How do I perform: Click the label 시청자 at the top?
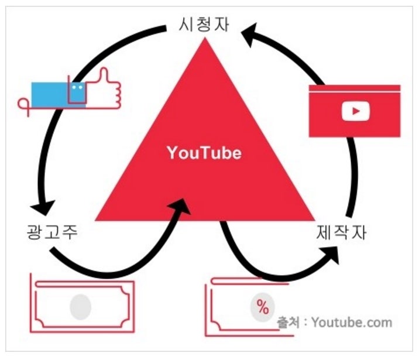click(x=204, y=25)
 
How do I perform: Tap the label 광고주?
click(x=52, y=232)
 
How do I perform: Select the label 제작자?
click(x=341, y=232)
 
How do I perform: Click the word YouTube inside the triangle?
click(x=204, y=153)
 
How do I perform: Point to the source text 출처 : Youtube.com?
click(x=334, y=323)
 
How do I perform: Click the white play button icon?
click(x=356, y=111)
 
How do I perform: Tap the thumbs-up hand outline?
click(x=105, y=89)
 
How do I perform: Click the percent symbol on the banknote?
click(x=263, y=307)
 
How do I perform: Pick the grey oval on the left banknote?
click(x=80, y=307)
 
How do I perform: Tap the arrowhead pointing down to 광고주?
click(x=43, y=208)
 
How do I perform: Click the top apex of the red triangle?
click(x=205, y=37)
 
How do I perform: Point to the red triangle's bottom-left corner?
click(x=95, y=221)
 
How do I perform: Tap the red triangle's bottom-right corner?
click(x=315, y=221)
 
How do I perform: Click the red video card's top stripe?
click(x=355, y=88)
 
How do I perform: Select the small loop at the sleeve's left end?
click(x=23, y=104)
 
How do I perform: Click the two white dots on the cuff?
click(x=77, y=87)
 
